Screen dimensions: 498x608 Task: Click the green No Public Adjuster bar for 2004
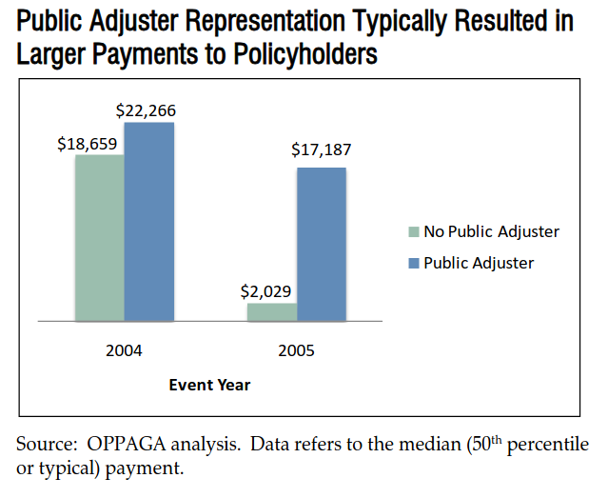[x=99, y=238]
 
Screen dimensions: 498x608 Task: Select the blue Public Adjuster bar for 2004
[x=148, y=222]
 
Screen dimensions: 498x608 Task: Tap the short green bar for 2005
[x=271, y=312]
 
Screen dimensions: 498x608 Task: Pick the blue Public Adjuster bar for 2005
[x=321, y=245]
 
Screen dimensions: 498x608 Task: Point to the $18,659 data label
[x=86, y=144]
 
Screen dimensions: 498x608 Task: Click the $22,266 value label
[x=146, y=110]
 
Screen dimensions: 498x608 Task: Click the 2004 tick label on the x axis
[x=124, y=350]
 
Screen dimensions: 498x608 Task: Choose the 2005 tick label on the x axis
[x=296, y=350]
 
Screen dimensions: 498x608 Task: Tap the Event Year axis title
[x=209, y=385]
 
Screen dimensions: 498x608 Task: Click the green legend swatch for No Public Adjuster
[x=414, y=231]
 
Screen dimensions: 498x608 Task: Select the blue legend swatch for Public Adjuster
[x=414, y=263]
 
